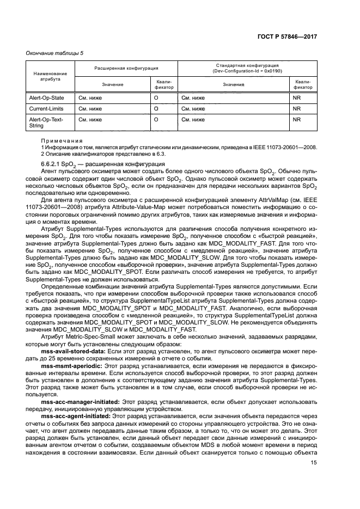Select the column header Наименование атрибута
[x=50, y=76]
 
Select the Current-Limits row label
[x=44, y=108]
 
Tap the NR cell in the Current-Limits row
[x=297, y=108]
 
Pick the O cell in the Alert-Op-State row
[x=156, y=98]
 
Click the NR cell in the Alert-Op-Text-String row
[x=297, y=119]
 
